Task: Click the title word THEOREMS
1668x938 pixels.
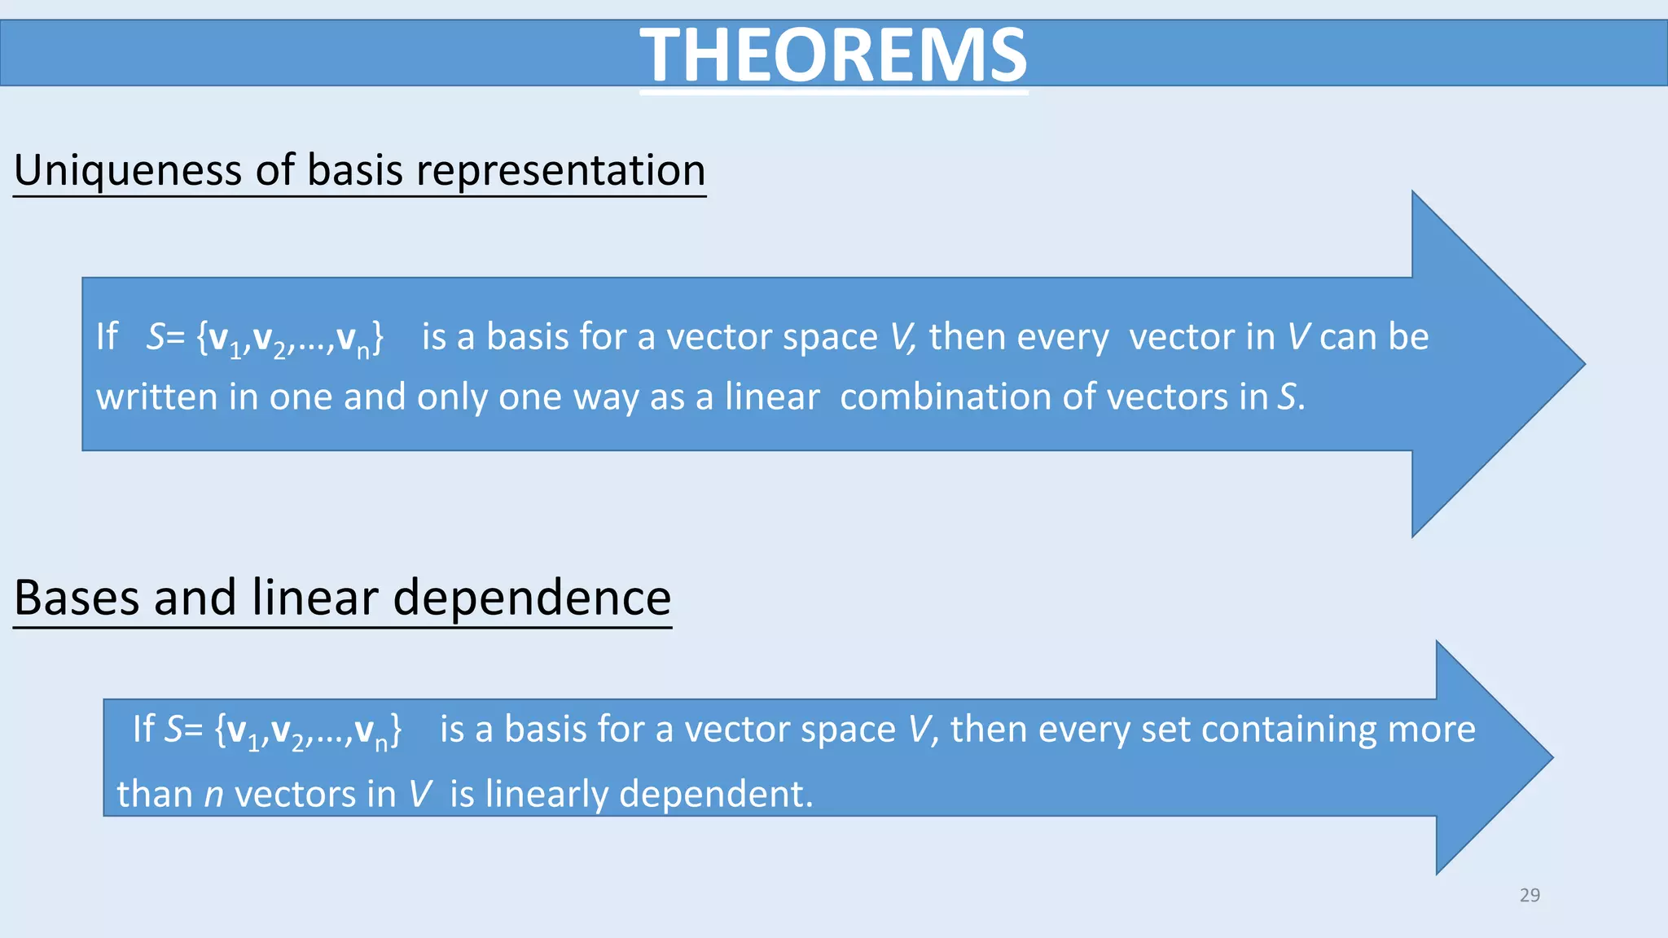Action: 833,55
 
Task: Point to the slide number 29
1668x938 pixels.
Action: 1530,895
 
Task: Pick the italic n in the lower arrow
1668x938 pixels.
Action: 213,795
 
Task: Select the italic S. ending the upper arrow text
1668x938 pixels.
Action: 1289,397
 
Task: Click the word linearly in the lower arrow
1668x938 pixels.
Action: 546,795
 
